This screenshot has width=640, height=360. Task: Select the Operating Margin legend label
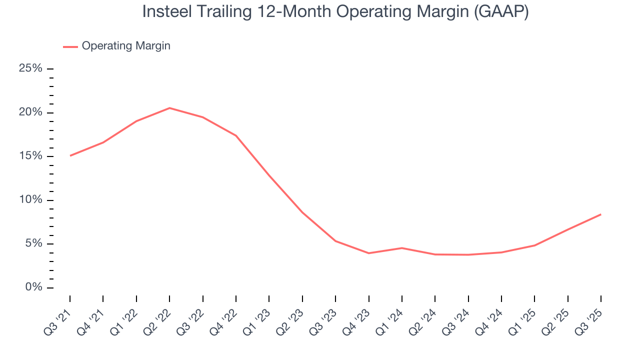126,46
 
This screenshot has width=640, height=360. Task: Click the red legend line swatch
70,46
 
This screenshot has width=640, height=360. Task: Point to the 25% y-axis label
30,68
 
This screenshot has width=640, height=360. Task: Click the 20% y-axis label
30,112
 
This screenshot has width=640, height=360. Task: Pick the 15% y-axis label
30,156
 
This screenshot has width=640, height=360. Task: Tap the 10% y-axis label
30,200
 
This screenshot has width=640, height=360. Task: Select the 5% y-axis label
33,244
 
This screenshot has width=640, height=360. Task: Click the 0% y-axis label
33,287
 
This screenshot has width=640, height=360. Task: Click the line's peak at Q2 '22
169,108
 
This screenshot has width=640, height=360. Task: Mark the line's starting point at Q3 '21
70,155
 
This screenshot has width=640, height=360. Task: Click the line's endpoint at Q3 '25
600,214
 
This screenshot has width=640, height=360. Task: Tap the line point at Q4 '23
368,253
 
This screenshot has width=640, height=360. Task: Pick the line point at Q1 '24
401,248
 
